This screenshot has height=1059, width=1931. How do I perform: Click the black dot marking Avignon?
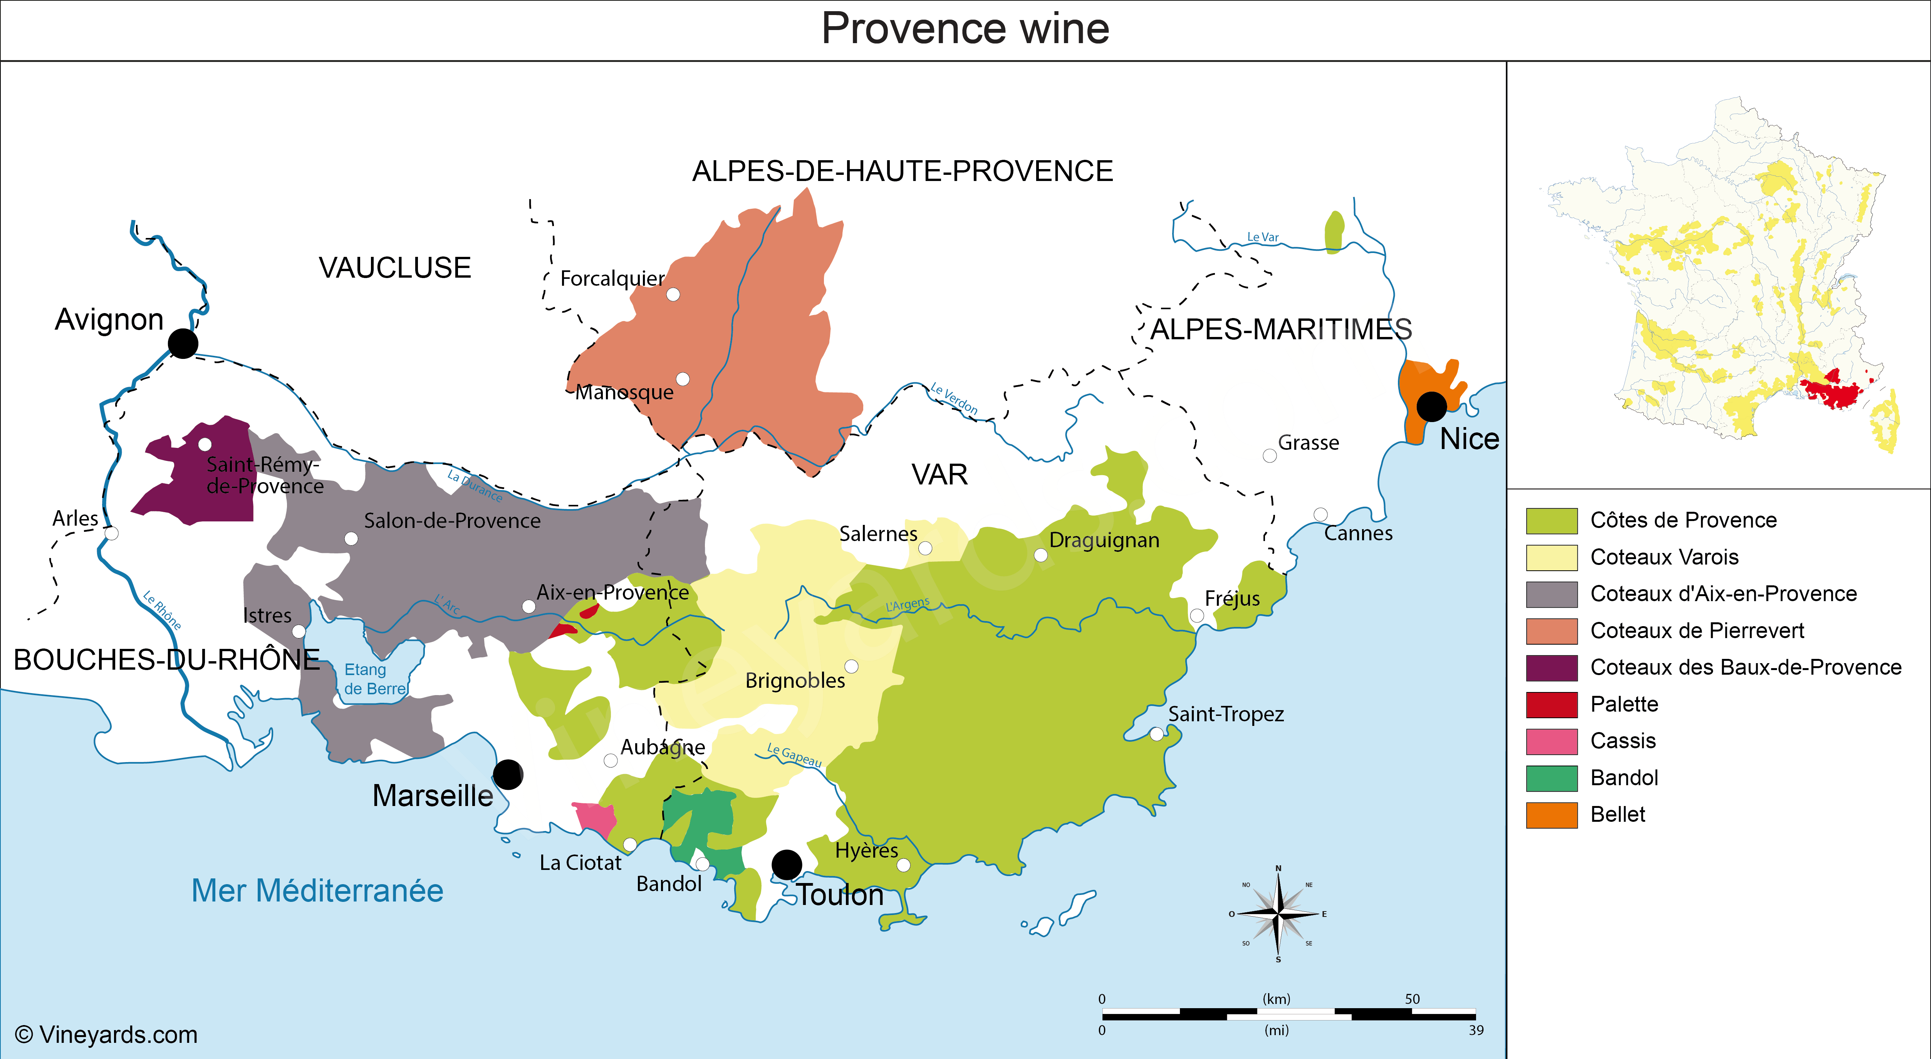pos(183,343)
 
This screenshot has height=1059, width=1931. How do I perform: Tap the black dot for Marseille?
pos(507,774)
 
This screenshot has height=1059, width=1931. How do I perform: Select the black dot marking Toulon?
pos(786,864)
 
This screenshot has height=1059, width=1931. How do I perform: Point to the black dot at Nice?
pos(1431,406)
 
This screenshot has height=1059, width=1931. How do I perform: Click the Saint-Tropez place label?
pos(1226,714)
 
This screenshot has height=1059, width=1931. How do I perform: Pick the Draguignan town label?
pos(1104,540)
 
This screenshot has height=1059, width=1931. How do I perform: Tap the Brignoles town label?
pos(795,680)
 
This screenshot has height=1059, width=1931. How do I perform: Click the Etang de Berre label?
pos(374,679)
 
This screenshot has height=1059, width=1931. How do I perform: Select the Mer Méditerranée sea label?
pos(317,890)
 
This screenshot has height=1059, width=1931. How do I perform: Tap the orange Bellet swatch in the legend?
pos(1551,815)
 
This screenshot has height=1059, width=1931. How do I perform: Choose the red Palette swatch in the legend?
pos(1551,704)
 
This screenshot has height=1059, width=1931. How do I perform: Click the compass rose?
pos(1278,913)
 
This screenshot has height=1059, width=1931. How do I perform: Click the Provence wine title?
pos(965,29)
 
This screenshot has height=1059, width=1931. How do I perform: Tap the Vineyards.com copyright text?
pos(106,1035)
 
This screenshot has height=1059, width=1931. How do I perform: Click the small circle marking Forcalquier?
pos(673,295)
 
